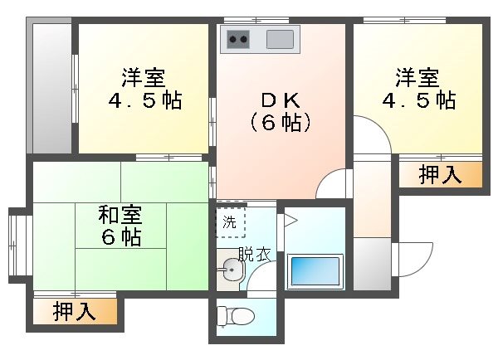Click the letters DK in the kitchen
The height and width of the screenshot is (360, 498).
279,100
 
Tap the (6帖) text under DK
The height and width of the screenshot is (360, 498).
281,124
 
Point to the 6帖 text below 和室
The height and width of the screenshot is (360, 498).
121,237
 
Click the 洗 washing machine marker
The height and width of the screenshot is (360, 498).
227,222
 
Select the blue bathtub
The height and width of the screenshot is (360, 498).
315,271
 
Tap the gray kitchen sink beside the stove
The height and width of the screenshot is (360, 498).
281,38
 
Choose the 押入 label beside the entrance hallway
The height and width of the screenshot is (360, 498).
439,174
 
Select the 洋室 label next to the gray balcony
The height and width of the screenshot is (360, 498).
143,79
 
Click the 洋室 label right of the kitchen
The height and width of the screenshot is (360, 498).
417,79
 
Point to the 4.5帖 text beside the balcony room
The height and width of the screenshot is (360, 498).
144,101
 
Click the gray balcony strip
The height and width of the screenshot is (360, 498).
51,87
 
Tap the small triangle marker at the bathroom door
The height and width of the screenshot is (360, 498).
290,220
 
